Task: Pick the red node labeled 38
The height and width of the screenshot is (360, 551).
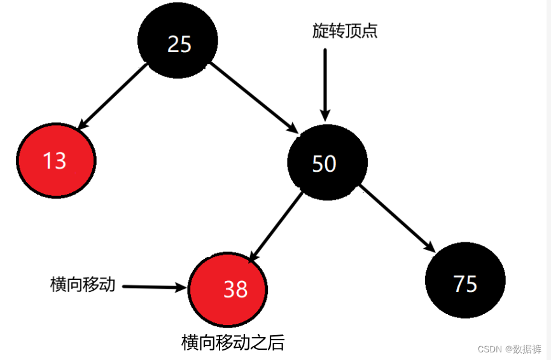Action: (x=228, y=289)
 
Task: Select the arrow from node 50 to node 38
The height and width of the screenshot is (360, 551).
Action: (x=275, y=226)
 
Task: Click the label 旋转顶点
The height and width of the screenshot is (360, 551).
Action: (x=345, y=31)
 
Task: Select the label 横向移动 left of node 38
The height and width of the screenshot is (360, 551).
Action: (x=83, y=284)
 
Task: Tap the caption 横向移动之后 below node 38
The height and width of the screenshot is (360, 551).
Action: (x=232, y=343)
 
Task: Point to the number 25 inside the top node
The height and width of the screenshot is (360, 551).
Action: (x=179, y=43)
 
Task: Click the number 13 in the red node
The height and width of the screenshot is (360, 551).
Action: (x=55, y=160)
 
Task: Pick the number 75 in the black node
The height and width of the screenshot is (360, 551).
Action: (x=465, y=284)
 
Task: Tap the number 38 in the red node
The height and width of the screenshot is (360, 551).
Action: (x=235, y=290)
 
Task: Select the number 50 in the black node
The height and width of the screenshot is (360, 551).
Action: (x=324, y=164)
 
